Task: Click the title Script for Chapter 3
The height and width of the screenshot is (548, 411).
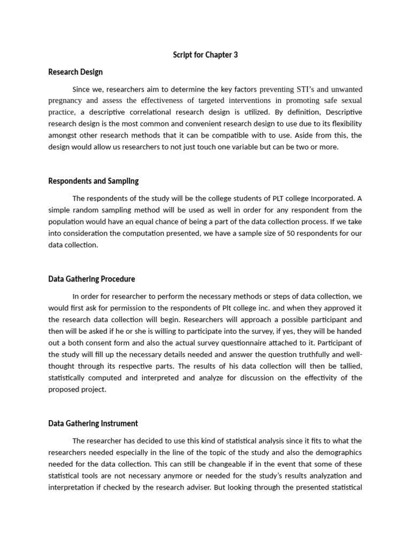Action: pos(205,55)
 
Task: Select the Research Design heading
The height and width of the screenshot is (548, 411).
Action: pos(75,72)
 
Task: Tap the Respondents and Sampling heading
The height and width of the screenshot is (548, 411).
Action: pos(94,181)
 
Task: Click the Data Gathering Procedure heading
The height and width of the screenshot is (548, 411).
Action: pos(92,279)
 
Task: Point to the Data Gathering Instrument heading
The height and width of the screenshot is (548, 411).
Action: pos(93,423)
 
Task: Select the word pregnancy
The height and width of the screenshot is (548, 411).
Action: pos(66,101)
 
